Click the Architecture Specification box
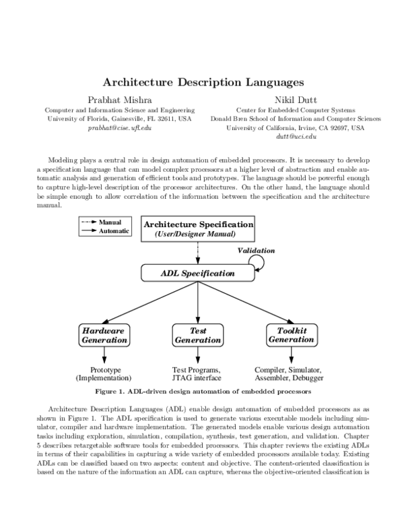pos(199,229)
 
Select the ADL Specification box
pos(197,274)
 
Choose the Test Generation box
pos(197,336)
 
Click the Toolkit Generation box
pos(292,335)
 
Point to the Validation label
pos(257,250)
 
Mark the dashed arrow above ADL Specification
pos(197,253)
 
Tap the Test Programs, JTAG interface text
pos(197,374)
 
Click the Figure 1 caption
pos(203,391)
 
